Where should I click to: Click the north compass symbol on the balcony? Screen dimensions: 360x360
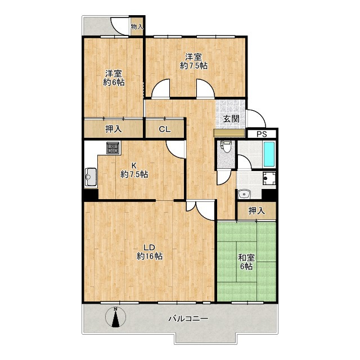click(116, 317)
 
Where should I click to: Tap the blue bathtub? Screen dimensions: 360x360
click(269, 154)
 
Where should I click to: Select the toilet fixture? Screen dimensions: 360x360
click(226, 146)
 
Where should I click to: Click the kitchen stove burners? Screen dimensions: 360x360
click(113, 147)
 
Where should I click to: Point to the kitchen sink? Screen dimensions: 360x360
click(91, 177)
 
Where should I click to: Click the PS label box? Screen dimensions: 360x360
click(262, 134)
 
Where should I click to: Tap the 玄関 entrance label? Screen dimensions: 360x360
click(231, 119)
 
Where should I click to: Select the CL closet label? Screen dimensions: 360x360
click(165, 129)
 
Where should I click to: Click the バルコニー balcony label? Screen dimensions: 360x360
click(188, 319)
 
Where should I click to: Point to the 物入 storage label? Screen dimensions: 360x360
click(137, 26)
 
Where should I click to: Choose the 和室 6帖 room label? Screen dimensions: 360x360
click(246, 262)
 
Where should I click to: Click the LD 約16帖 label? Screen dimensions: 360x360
click(150, 251)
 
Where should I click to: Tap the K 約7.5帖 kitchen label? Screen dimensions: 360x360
click(134, 170)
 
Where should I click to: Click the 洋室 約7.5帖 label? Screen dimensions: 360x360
click(193, 61)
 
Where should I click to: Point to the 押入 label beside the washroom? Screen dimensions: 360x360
click(256, 210)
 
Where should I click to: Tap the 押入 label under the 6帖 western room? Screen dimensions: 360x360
click(114, 129)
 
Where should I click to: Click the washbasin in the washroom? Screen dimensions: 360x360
click(244, 194)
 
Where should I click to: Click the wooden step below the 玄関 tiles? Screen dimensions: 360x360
click(229, 133)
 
